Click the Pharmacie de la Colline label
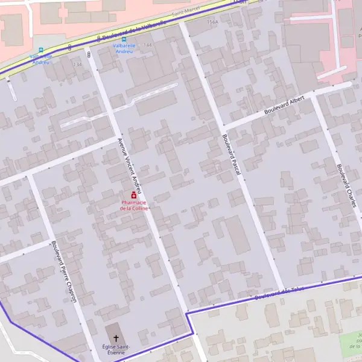click(133, 205)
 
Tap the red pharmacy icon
click(133, 195)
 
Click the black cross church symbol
click(116, 339)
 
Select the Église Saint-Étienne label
click(115, 350)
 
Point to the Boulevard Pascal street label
click(231, 155)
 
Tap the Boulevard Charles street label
click(347, 186)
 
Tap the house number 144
click(148, 45)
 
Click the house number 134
click(77, 65)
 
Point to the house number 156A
click(212, 22)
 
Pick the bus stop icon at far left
click(41, 50)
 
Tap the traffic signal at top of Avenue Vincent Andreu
click(89, 56)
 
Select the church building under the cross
click(113, 335)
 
